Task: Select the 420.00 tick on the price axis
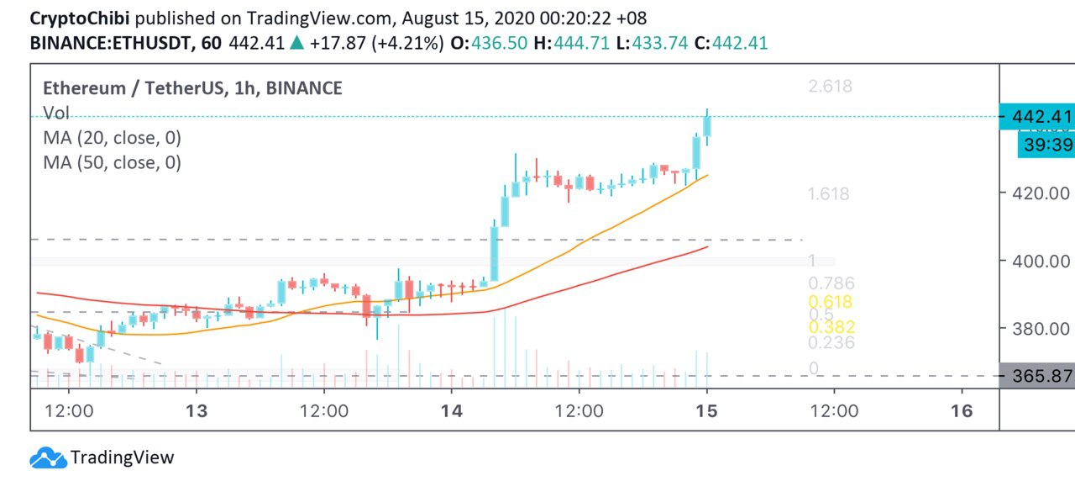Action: (1039, 193)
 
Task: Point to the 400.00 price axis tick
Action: (1039, 261)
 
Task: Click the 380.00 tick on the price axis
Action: (1039, 328)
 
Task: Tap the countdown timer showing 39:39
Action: (1045, 145)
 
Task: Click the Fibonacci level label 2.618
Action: (829, 86)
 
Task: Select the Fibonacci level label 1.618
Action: (829, 193)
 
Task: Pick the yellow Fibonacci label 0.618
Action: (830, 302)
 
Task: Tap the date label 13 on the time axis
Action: (197, 410)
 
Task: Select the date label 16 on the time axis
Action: (962, 410)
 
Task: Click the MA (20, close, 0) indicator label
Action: (112, 137)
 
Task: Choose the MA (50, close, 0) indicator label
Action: (112, 162)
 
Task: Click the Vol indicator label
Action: (56, 114)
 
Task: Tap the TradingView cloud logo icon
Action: (48, 458)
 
